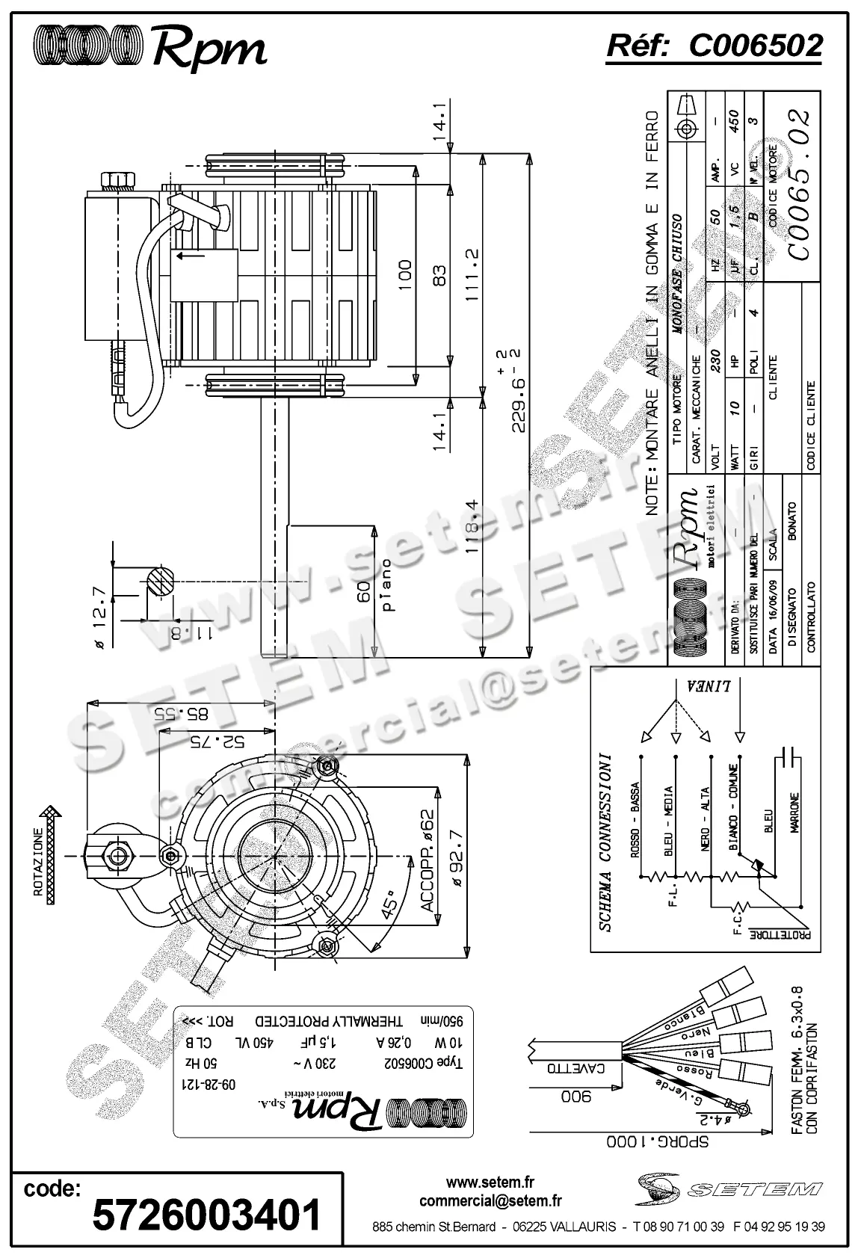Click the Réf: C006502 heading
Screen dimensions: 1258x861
[714, 46]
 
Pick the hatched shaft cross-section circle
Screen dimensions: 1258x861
[161, 582]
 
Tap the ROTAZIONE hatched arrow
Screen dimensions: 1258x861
[49, 854]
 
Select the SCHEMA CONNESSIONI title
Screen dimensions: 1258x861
[606, 841]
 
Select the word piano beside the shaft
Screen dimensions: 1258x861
[387, 585]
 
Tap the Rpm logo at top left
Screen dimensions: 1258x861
[150, 48]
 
